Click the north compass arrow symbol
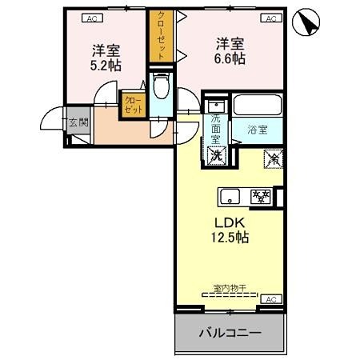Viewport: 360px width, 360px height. coord(305,22)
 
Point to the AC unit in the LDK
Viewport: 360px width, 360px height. coord(270,298)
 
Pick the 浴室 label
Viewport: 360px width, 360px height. coord(258,128)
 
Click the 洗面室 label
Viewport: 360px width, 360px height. coord(216,128)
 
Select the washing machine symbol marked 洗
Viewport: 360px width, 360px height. coord(217,154)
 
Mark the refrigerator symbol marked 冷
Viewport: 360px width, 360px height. coord(272,159)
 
